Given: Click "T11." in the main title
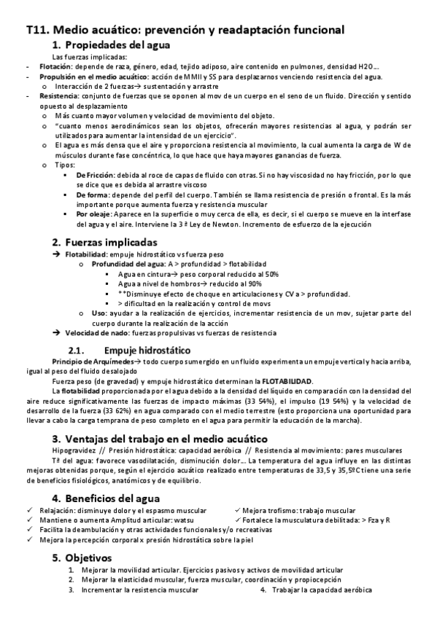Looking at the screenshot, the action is [x=36, y=31].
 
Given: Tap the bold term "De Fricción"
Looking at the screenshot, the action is [x=95, y=176].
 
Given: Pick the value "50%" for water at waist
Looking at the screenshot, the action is [x=249, y=274].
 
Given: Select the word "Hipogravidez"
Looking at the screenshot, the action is [x=74, y=451].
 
